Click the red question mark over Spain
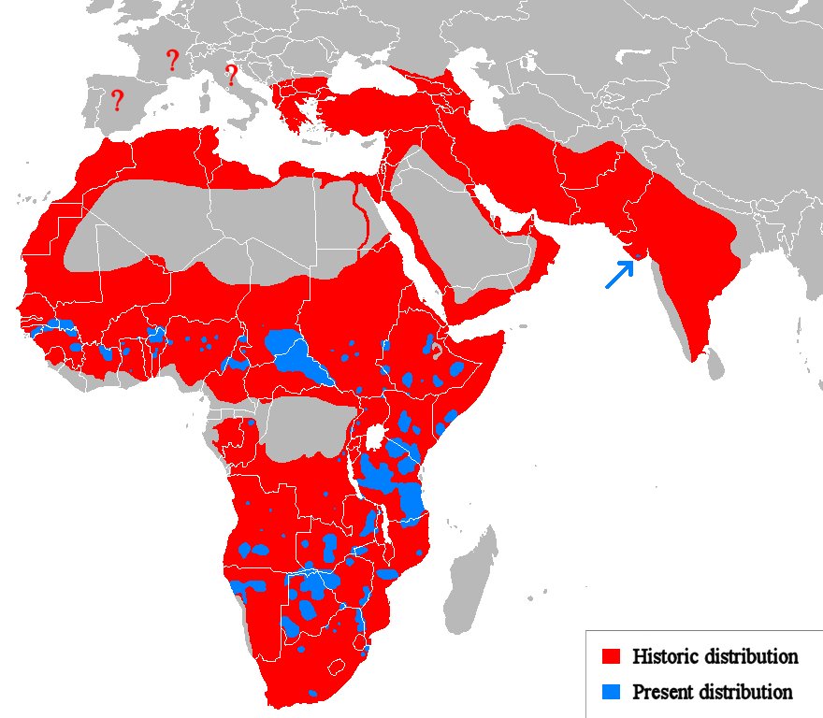[x=117, y=100]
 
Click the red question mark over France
[x=172, y=61]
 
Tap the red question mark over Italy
[x=231, y=75]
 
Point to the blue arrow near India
[x=618, y=274]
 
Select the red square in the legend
[x=612, y=656]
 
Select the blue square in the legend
[x=612, y=692]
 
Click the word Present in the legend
[x=663, y=692]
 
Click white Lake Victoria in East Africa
[x=379, y=437]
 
